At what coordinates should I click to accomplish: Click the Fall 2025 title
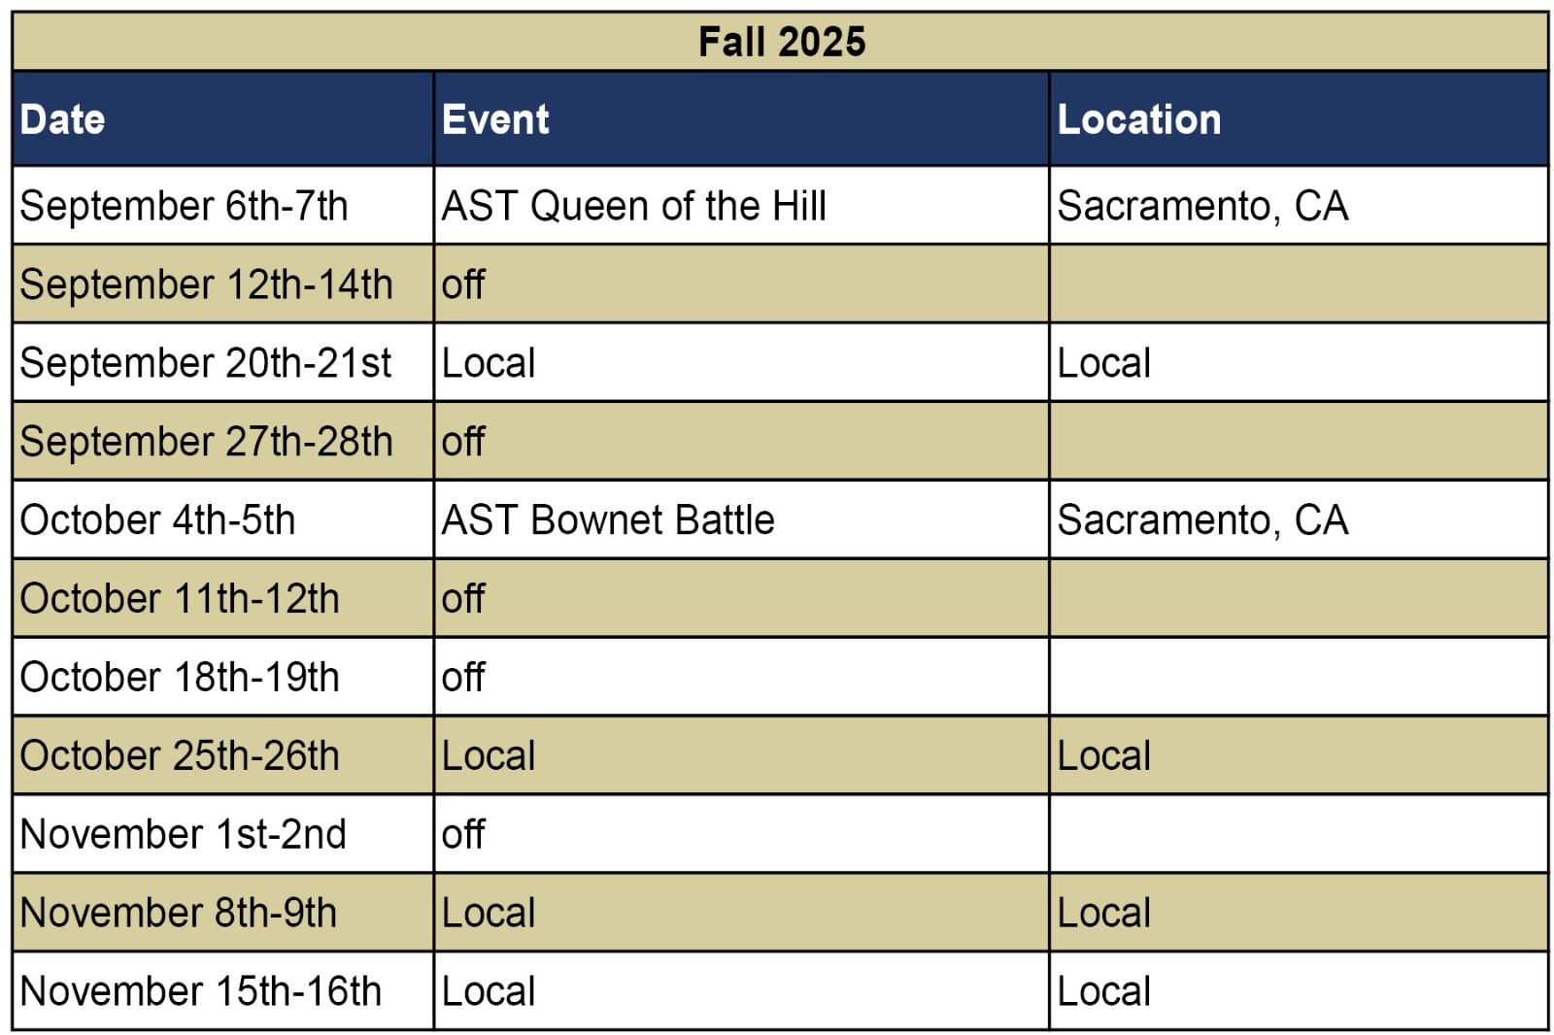pos(782,42)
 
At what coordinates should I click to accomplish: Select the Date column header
pos(62,119)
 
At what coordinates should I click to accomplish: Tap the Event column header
pos(495,119)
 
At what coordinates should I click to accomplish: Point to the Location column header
pos(1139,119)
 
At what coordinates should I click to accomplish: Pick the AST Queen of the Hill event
pos(634,206)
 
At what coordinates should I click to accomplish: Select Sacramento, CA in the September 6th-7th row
pos(1203,207)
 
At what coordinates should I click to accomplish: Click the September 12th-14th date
pos(206,284)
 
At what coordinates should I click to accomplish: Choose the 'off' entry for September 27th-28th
pos(462,441)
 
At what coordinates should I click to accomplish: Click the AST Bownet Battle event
pos(608,520)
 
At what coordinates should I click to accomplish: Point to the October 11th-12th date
pos(180,599)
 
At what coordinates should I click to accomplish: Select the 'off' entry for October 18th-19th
pos(462,677)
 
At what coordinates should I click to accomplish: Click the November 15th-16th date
pos(200,991)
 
